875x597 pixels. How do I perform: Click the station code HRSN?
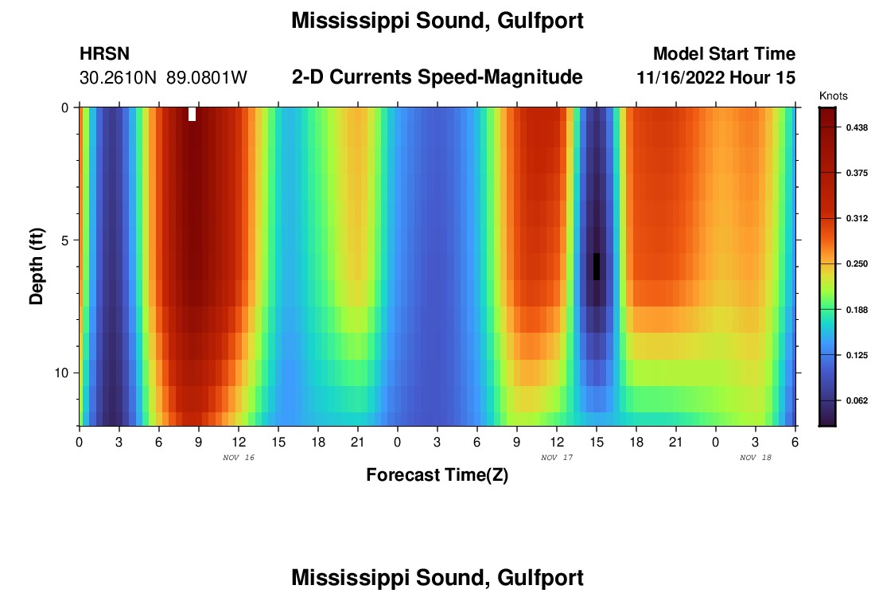[104, 54]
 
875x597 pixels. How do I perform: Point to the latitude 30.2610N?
[119, 78]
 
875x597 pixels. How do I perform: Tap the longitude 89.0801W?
[207, 78]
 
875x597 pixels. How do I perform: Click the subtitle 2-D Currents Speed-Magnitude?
[437, 77]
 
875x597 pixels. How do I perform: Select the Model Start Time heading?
[724, 54]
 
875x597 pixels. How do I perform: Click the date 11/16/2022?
[681, 78]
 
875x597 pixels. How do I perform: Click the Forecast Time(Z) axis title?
[437, 475]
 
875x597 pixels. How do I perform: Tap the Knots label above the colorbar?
[834, 96]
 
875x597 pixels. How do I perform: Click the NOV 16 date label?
[239, 458]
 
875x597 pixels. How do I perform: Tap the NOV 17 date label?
[557, 458]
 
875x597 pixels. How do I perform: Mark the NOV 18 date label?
[756, 458]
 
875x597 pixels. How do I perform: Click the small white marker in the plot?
[192, 114]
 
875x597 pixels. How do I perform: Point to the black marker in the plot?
[597, 267]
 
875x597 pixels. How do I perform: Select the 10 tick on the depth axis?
[64, 373]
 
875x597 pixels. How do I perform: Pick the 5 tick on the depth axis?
[68, 240]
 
